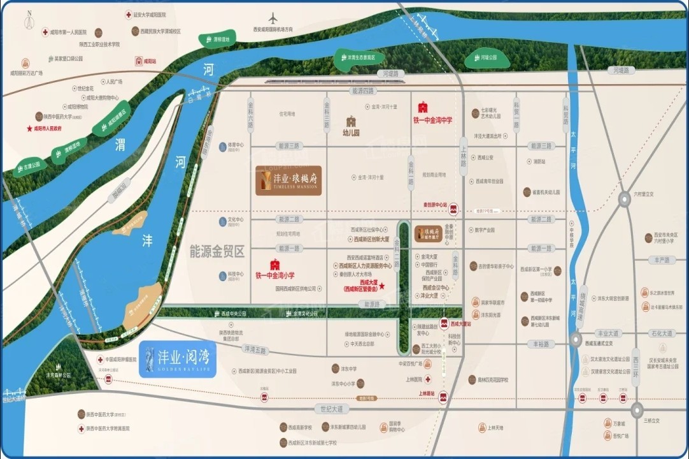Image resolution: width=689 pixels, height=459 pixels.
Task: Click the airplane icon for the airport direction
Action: (x=274, y=17)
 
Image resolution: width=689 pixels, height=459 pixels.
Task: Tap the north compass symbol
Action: (x=29, y=22)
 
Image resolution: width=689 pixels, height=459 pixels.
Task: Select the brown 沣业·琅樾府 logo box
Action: (x=288, y=180)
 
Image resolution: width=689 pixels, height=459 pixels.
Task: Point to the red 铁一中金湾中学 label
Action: (x=433, y=115)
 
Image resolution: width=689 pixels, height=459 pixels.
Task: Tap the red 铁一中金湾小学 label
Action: (x=275, y=270)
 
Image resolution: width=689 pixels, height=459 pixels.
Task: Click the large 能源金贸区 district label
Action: (x=217, y=252)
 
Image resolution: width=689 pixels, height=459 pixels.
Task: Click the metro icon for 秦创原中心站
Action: (x=454, y=208)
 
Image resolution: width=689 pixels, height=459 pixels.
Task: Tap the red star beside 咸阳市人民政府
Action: (x=29, y=128)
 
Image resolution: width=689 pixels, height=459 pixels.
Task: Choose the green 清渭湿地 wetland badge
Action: (x=217, y=40)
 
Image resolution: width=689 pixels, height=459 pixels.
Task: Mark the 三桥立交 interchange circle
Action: (x=637, y=409)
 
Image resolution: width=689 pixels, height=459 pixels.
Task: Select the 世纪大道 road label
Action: (x=332, y=408)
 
